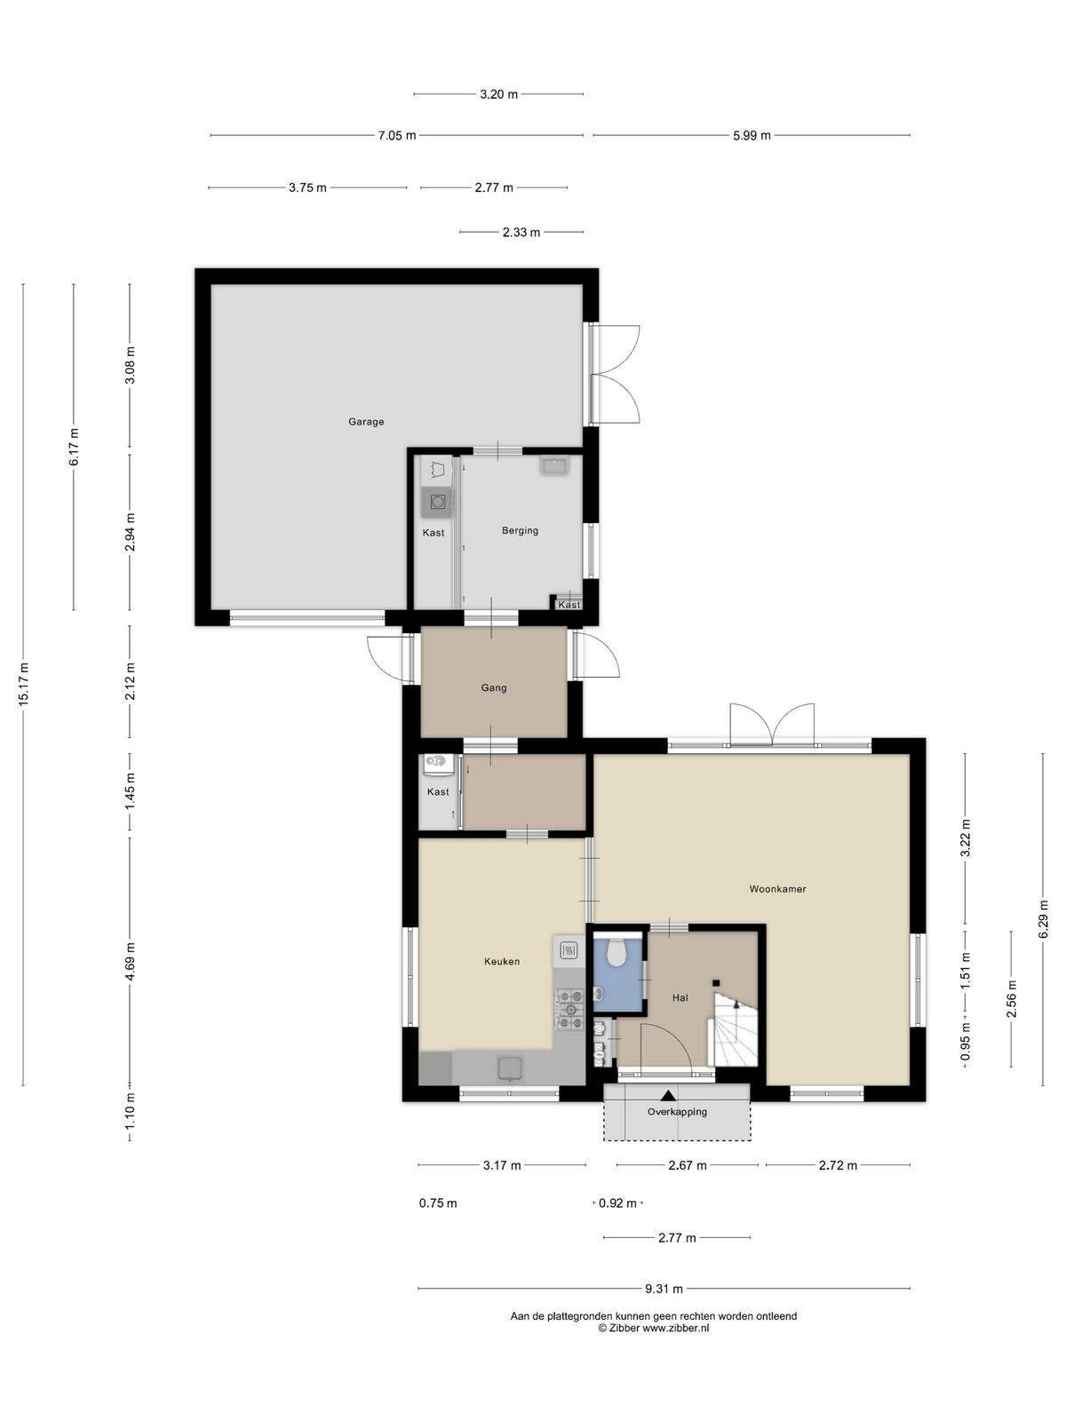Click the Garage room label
point(366,422)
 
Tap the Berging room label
point(520,531)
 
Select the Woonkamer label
point(777,890)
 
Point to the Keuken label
point(502,962)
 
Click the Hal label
point(680,998)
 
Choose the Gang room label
point(493,688)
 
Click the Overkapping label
point(677,1112)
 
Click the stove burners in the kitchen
point(570,1009)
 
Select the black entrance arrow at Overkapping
point(668,1095)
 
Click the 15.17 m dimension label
point(24,684)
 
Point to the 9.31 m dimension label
point(664,1289)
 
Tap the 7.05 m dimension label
point(397,136)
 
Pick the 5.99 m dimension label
point(752,136)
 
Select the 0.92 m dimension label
point(617,1203)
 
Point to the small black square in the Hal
point(716,983)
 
